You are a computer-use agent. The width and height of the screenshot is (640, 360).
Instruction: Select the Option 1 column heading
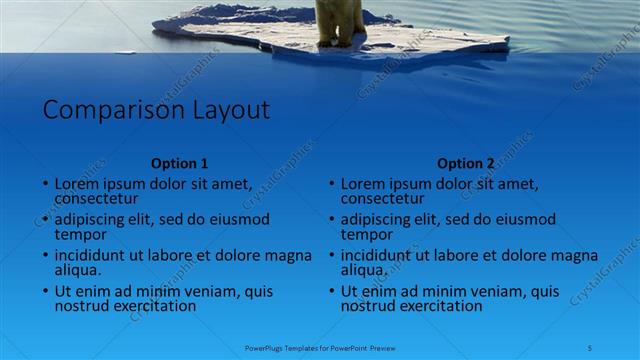point(180,163)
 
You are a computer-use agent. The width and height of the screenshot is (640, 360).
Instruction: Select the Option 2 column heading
point(466,163)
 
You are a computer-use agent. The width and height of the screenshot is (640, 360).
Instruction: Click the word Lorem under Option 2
point(363,184)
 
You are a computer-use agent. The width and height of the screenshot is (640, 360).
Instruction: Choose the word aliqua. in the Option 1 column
point(78,270)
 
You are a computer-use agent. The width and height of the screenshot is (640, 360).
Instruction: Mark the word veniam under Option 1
point(211,292)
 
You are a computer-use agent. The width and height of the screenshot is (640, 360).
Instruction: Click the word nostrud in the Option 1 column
point(80,306)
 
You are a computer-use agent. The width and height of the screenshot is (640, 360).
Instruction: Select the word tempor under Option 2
point(366,234)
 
